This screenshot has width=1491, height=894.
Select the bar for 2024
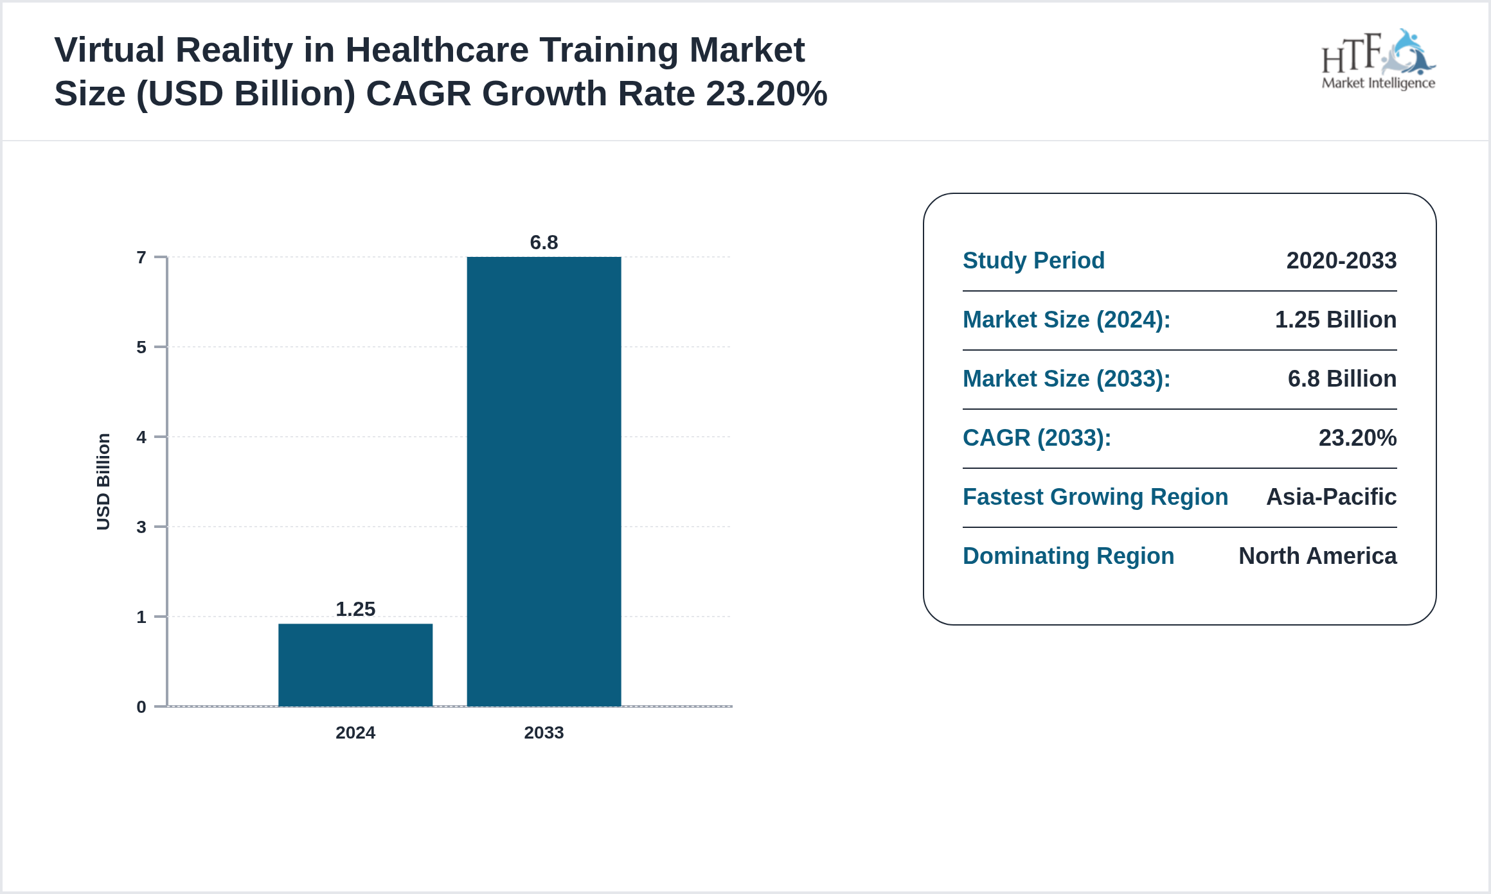click(355, 665)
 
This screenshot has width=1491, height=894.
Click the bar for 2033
click(544, 482)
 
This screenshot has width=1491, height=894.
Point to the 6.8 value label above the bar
click(544, 242)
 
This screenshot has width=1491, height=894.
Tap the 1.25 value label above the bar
click(355, 609)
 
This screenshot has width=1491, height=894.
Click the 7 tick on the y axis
click(141, 258)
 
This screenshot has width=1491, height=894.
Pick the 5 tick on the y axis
click(141, 347)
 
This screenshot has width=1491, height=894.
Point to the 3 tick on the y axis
click(141, 527)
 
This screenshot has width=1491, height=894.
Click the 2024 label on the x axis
click(355, 732)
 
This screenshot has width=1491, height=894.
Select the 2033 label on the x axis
click(544, 732)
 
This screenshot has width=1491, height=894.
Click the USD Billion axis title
click(103, 482)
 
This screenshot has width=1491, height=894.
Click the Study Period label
click(1033, 260)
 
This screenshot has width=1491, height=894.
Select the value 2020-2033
click(1341, 260)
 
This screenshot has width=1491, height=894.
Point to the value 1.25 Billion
click(1335, 319)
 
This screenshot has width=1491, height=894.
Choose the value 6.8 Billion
click(1342, 378)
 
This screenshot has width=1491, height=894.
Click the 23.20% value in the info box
click(1357, 437)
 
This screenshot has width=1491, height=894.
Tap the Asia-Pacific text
click(1331, 496)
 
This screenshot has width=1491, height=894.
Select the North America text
click(1317, 556)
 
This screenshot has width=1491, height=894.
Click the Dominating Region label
click(1068, 556)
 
